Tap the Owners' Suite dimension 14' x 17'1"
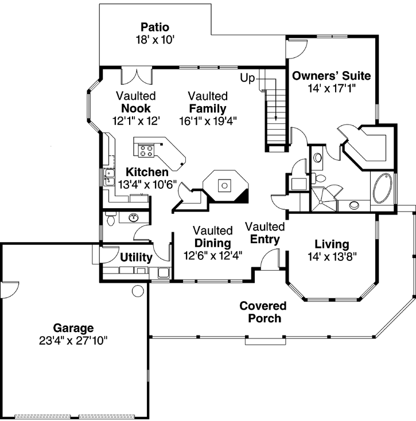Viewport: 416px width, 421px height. [331, 89]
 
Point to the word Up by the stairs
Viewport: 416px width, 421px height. [247, 77]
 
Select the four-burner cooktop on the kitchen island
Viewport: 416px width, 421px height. [146, 150]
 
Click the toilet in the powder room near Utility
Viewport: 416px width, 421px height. [111, 218]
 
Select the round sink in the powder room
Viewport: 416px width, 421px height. [134, 217]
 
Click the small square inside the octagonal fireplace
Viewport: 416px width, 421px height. [226, 185]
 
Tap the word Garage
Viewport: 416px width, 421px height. [73, 328]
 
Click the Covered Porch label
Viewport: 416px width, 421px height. [261, 312]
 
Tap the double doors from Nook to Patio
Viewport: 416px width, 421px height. [137, 76]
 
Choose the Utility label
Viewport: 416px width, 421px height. [136, 258]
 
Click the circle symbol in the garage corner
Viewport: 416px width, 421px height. [138, 291]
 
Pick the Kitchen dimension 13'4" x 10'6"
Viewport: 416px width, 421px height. [147, 185]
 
